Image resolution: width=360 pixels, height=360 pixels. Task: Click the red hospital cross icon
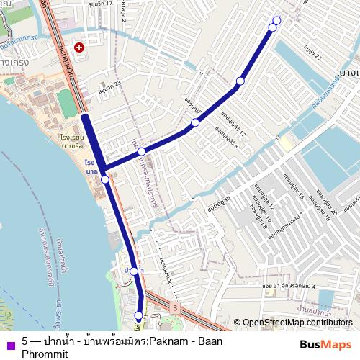click(x=78, y=47)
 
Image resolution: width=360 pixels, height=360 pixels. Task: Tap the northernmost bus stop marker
click(x=276, y=19)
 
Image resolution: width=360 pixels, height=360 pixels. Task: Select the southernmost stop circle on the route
click(x=139, y=315)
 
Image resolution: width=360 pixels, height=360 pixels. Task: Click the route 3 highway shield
click(x=174, y=307)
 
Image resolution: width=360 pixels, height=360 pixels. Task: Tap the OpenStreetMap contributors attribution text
click(x=297, y=323)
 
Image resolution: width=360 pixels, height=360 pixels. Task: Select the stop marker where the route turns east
click(x=105, y=179)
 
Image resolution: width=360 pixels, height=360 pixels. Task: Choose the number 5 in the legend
click(x=25, y=341)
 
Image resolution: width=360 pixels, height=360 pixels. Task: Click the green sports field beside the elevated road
click(x=67, y=103)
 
